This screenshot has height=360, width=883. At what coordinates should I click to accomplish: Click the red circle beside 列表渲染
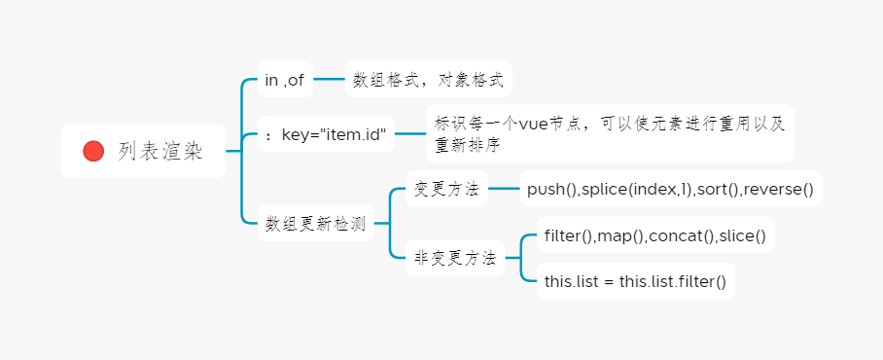(93, 151)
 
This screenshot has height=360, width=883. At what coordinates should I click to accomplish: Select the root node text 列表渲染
(160, 151)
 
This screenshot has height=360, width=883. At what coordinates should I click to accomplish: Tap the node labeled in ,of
(285, 80)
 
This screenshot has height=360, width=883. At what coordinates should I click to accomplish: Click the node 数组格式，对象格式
(428, 80)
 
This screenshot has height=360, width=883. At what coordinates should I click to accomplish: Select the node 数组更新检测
(316, 224)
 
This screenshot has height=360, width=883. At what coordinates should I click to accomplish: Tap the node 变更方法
(446, 189)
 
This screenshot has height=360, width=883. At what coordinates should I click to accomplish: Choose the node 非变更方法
(455, 258)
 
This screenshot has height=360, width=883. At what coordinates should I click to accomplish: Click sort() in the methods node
(714, 189)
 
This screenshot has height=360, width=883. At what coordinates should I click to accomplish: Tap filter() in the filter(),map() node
(569, 235)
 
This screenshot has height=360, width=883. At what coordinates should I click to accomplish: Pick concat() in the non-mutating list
(682, 235)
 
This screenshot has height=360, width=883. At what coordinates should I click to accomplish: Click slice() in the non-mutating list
(742, 235)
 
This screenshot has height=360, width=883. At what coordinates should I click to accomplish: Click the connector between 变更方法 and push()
(504, 189)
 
